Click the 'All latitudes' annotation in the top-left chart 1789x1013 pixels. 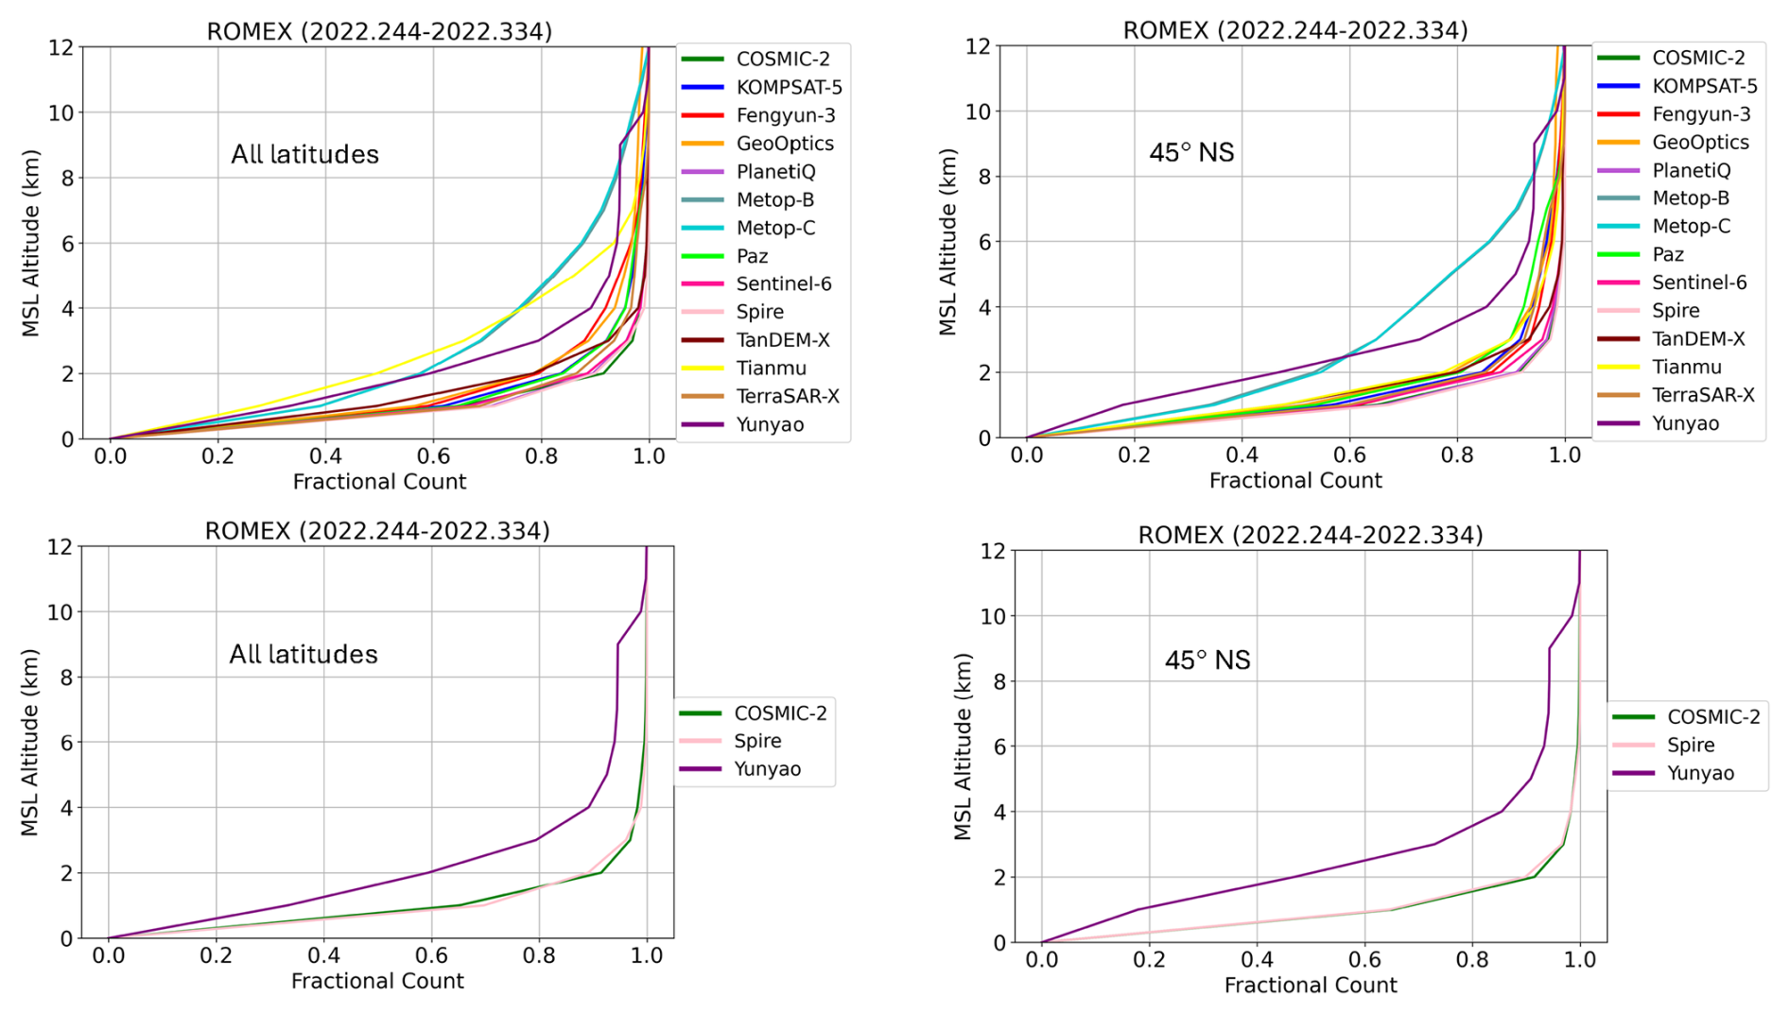coord(304,154)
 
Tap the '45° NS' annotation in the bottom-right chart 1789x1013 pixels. coord(1207,660)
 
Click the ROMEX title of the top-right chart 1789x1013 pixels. coord(1294,30)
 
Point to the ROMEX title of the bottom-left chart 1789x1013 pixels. coord(377,530)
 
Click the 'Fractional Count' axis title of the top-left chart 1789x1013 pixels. coord(379,482)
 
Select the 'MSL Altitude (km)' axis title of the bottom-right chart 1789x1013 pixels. coord(963,746)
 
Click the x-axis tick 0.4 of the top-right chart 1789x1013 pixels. coord(1242,455)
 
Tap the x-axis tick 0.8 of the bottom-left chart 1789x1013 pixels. coord(539,955)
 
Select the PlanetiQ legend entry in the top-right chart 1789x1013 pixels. coord(1691,170)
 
